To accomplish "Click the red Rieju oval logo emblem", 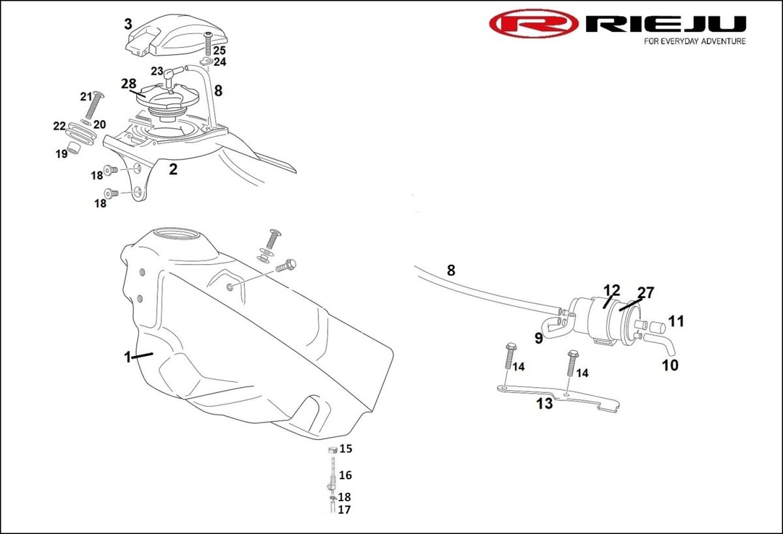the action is click(534, 23).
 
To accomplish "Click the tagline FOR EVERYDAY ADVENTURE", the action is click(695, 41).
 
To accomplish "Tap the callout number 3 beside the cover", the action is click(129, 24).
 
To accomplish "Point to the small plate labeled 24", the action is click(207, 61).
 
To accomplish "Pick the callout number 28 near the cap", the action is click(129, 84).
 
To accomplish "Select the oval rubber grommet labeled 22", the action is click(80, 133).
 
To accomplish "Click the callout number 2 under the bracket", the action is click(174, 170).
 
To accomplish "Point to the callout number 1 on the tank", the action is click(128, 357).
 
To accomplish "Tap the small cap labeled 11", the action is click(658, 327).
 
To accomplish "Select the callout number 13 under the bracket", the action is click(545, 404).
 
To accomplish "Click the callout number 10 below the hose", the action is click(670, 365).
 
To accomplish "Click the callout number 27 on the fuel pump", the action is click(645, 293).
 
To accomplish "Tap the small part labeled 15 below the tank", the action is click(333, 449).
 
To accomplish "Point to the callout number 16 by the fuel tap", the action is click(345, 475).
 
